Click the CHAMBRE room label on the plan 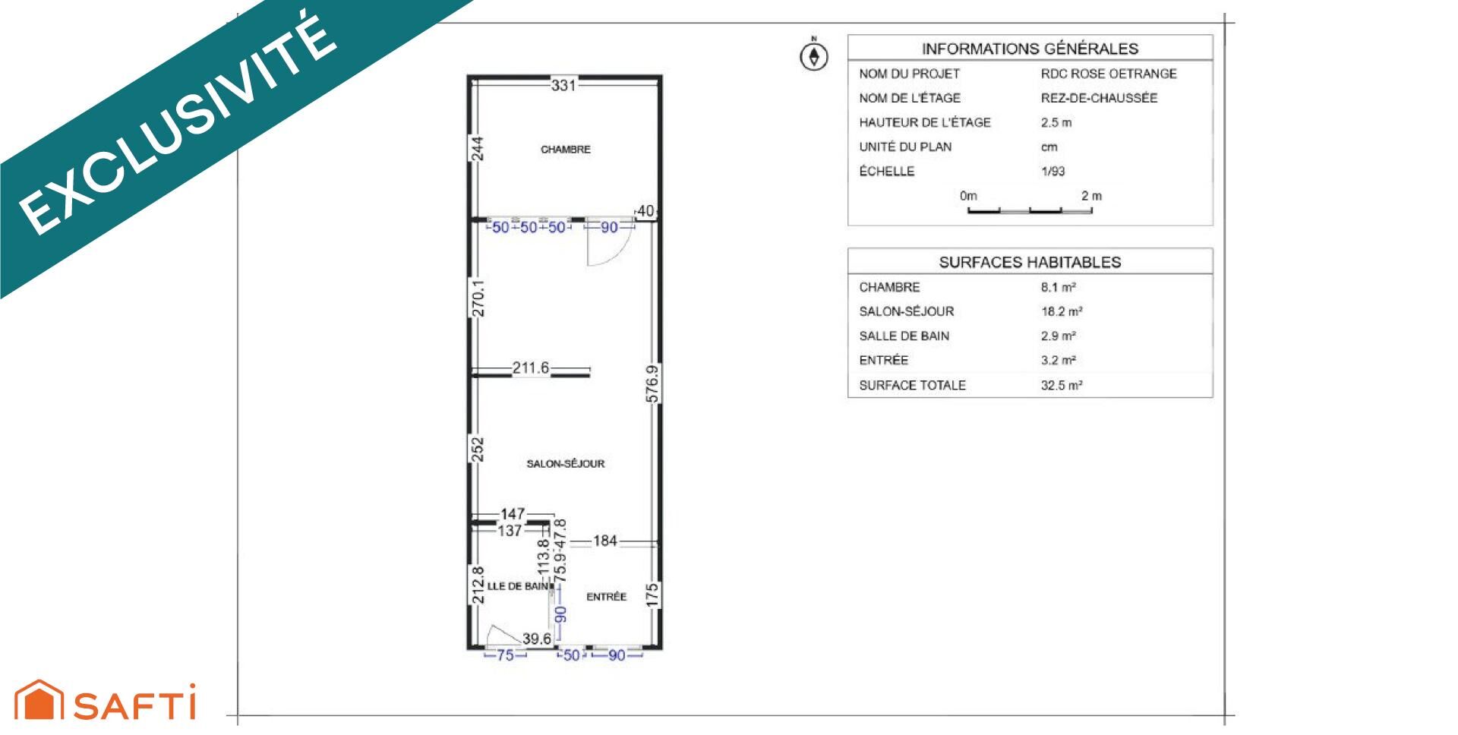[565, 150]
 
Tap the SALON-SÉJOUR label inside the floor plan [566, 464]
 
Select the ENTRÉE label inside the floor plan [606, 597]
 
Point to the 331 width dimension [563, 85]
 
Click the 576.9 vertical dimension [652, 384]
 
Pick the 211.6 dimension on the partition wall [530, 368]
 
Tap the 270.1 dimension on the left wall [478, 298]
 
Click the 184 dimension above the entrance [605, 541]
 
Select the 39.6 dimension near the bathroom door [537, 639]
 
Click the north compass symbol [814, 56]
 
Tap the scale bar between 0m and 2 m [1029, 210]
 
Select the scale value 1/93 [1052, 172]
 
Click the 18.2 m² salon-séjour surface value [1062, 311]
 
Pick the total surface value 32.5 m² [1062, 385]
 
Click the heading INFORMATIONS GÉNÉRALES [1030, 49]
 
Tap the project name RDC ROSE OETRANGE [1109, 74]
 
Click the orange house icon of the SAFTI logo [39, 700]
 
